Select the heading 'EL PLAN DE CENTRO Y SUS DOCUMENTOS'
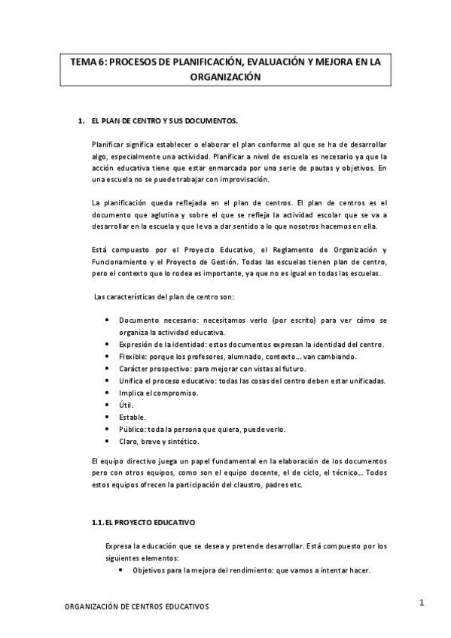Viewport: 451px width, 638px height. coord(163,120)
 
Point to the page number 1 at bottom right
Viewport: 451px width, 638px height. coord(422,602)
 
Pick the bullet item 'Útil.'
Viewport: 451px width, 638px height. coord(126,405)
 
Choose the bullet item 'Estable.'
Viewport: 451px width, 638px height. coord(132,417)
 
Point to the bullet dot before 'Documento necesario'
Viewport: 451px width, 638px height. coord(109,320)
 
